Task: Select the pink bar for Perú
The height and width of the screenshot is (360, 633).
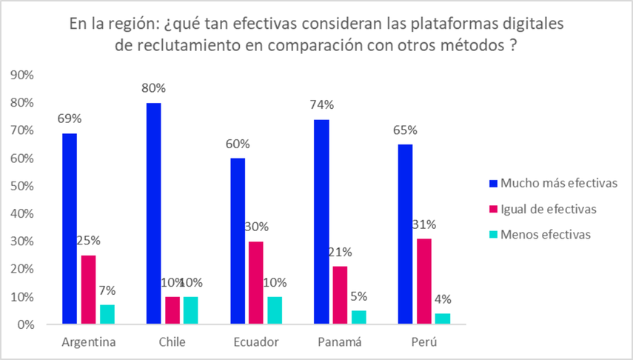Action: click(423, 281)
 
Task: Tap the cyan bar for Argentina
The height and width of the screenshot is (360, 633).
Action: click(108, 315)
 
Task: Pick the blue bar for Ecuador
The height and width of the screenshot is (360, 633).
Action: click(238, 241)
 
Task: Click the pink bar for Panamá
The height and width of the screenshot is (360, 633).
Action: click(340, 296)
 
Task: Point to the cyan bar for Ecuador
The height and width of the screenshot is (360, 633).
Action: click(275, 310)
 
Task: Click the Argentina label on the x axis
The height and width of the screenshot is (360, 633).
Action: click(89, 342)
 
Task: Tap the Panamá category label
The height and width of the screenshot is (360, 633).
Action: click(340, 342)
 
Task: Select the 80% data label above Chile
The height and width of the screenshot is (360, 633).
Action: click(155, 87)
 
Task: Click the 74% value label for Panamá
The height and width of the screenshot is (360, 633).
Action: click(322, 104)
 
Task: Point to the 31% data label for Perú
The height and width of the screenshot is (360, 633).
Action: click(425, 224)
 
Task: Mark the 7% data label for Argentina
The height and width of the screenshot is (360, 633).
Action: click(108, 290)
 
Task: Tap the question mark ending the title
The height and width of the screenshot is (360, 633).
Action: click(512, 44)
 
